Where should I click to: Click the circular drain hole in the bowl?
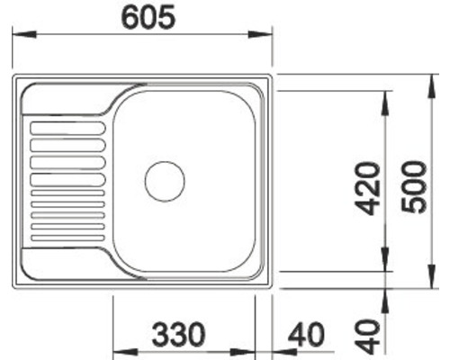(165, 181)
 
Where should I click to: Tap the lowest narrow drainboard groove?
(67, 238)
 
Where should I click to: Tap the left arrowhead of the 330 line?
(118, 351)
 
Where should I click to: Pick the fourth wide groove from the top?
(67, 178)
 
